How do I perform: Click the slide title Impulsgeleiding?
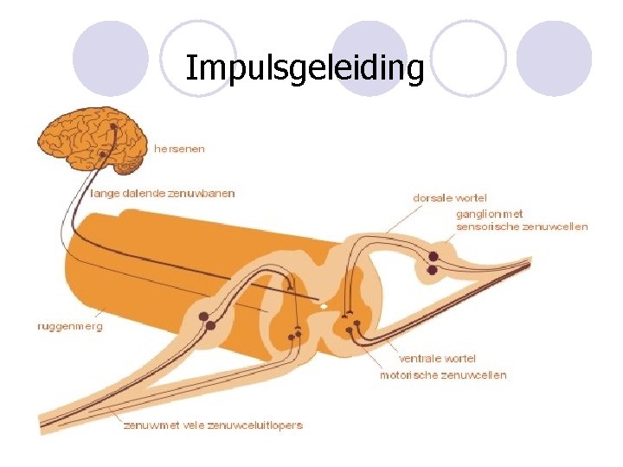pyautogui.click(x=305, y=67)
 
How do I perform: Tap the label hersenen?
pyautogui.click(x=180, y=149)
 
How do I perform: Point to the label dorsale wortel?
pyautogui.click(x=450, y=198)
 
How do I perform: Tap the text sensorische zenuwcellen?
pyautogui.click(x=522, y=227)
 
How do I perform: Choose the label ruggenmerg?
pyautogui.click(x=69, y=327)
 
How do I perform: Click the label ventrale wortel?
pyautogui.click(x=437, y=358)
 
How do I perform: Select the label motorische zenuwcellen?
pyautogui.click(x=443, y=374)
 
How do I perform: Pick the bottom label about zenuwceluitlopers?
pyautogui.click(x=213, y=425)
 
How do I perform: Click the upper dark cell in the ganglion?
pyautogui.click(x=433, y=256)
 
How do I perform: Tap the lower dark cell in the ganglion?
pyautogui.click(x=432, y=270)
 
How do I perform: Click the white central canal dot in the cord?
pyautogui.click(x=324, y=306)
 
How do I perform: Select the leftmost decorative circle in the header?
pyautogui.click(x=111, y=59)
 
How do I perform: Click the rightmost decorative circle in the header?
pyautogui.click(x=555, y=59)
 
